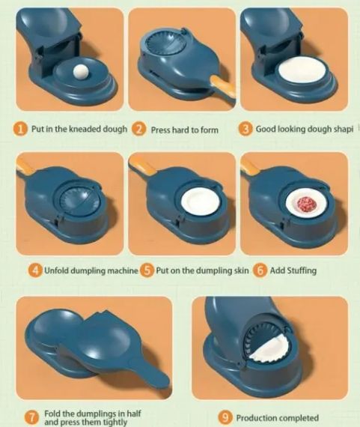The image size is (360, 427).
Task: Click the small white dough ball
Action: tap(81, 72)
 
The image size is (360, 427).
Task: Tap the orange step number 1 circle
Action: tap(20, 129)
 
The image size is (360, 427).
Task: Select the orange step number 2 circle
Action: tap(138, 129)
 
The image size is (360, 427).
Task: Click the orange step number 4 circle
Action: tap(35, 270)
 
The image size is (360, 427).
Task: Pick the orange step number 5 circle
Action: tap(147, 270)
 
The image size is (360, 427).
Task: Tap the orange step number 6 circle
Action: tap(260, 270)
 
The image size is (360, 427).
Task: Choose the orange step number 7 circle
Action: tap(31, 417)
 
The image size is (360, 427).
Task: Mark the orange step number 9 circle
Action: tap(225, 417)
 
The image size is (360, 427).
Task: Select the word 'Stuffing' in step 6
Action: tap(302, 270)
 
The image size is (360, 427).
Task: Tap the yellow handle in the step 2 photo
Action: tap(222, 87)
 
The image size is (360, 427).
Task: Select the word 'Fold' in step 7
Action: tap(52, 414)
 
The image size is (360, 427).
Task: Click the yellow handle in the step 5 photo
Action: tap(143, 166)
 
